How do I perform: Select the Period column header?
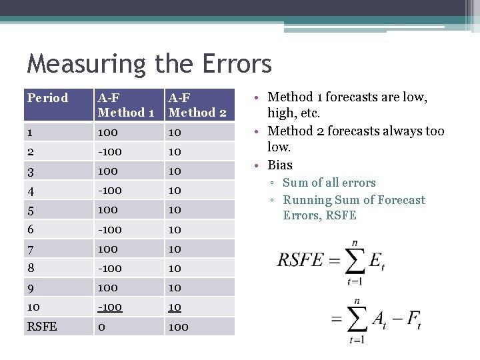point(47,98)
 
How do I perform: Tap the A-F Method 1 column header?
point(126,105)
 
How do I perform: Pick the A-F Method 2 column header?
point(197,105)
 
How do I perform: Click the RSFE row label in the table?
point(42,327)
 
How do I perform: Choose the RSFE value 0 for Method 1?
point(101,327)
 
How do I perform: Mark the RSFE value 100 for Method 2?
point(179,327)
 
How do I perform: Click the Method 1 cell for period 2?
point(110,151)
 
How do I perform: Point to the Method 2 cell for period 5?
point(175,209)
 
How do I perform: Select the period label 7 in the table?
point(31,249)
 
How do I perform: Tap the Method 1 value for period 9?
point(108,287)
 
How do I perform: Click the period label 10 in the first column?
point(34,307)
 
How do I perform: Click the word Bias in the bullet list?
point(280,165)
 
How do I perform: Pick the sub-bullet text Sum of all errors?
point(329,183)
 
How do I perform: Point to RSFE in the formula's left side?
point(300,260)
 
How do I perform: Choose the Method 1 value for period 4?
point(110,190)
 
